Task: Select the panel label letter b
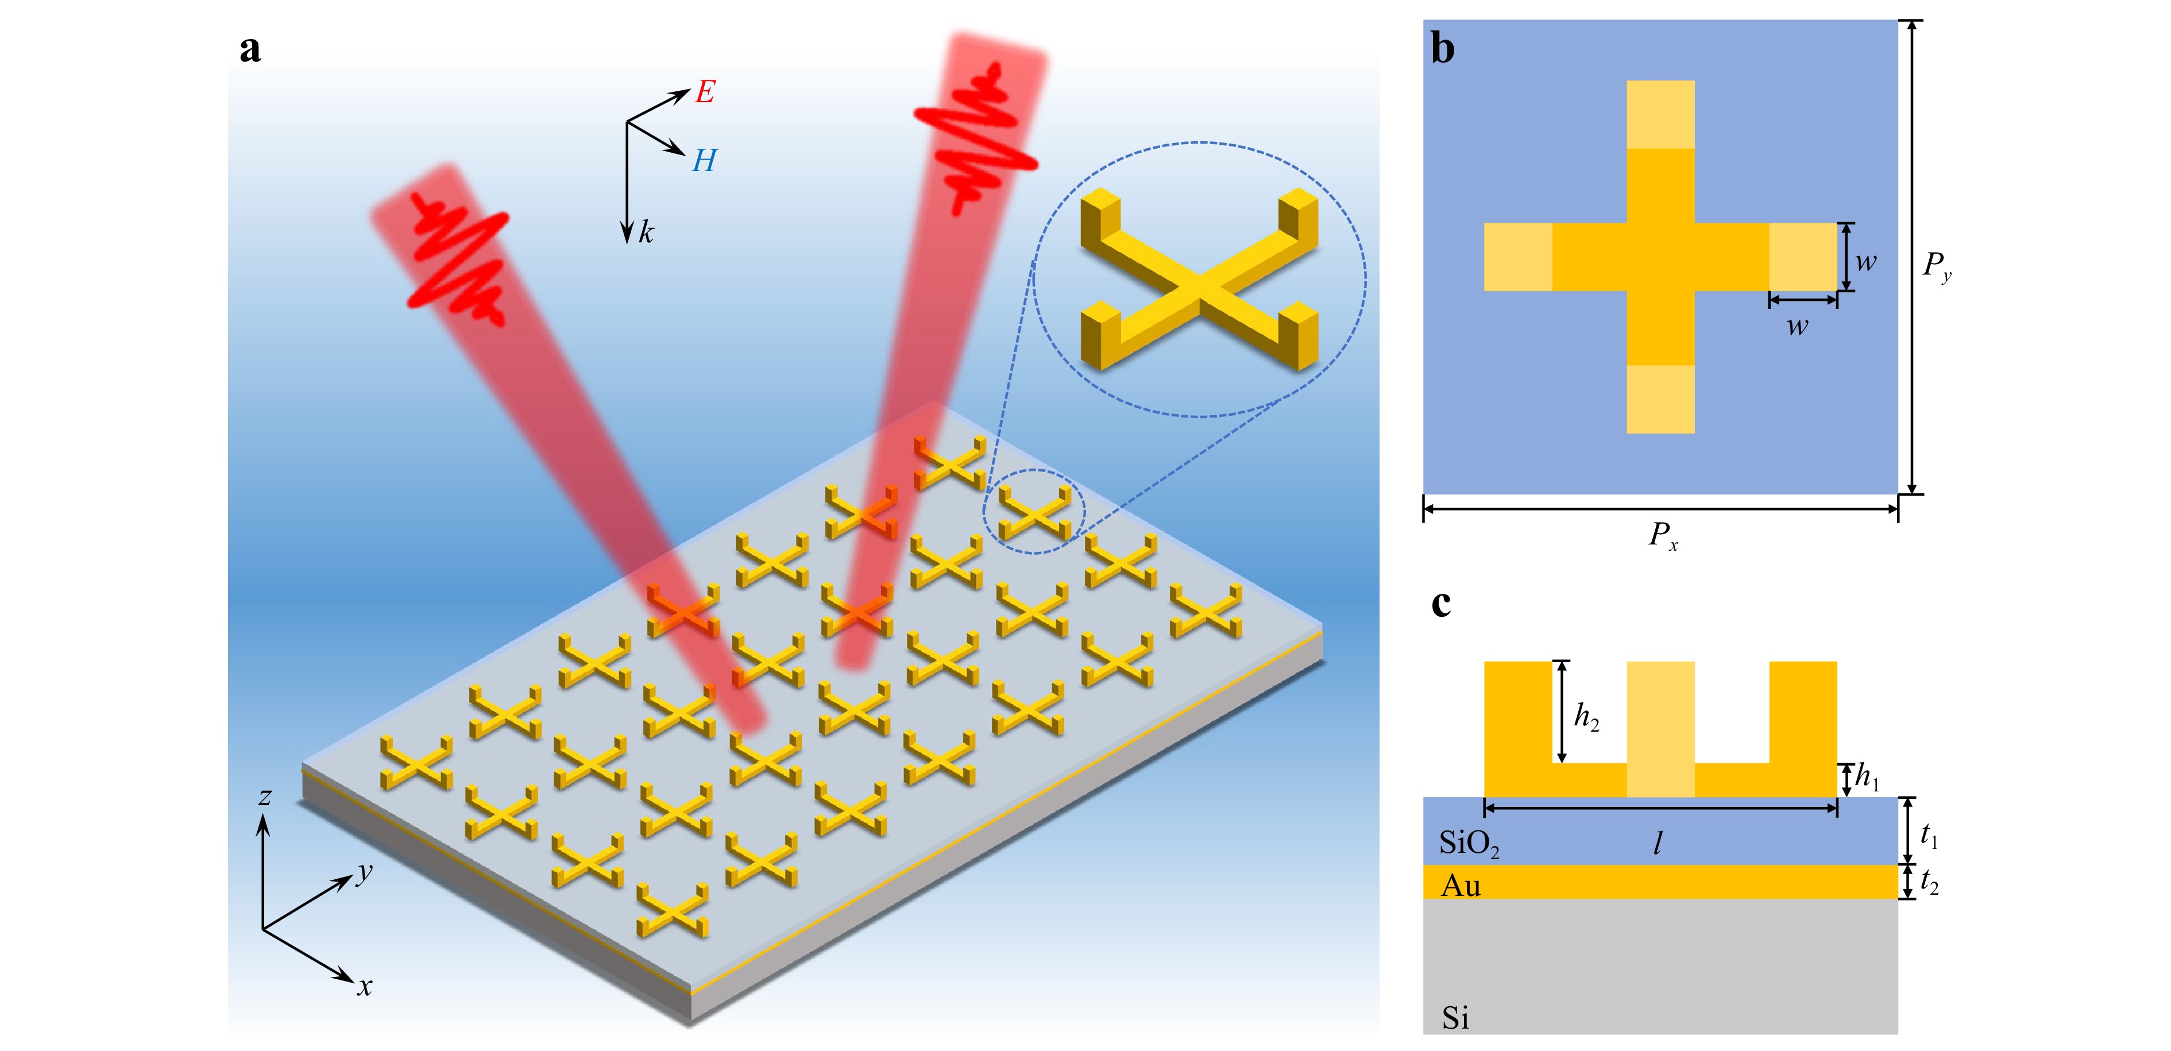(x=1443, y=49)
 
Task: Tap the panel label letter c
(x=1441, y=604)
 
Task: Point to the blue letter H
(x=704, y=160)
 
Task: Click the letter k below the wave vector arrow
(x=646, y=232)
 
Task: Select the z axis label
(x=265, y=795)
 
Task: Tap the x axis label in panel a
(x=364, y=986)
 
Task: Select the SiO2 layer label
(x=1469, y=843)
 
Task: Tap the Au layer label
(x=1461, y=885)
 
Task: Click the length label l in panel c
(x=1658, y=843)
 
